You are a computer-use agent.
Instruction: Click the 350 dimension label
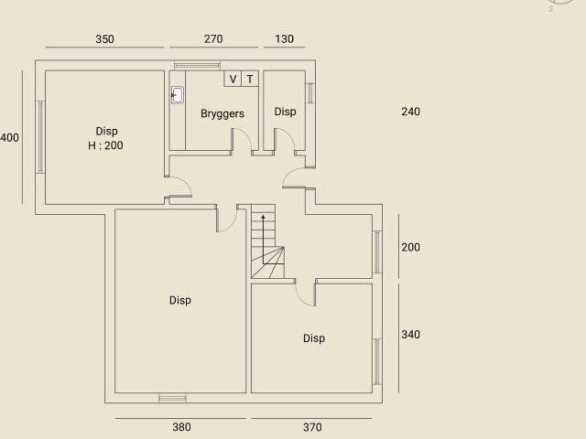point(104,38)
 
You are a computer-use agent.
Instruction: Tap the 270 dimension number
point(213,38)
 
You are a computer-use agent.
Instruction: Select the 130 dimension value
point(285,38)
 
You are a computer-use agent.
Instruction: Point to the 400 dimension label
point(9,138)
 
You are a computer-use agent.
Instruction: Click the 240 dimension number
point(411,112)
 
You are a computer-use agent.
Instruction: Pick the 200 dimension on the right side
point(411,247)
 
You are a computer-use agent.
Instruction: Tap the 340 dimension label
point(411,335)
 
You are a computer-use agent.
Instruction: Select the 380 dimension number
point(181,427)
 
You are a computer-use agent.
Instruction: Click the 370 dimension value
point(312,427)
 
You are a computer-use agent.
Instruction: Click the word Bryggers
point(222,113)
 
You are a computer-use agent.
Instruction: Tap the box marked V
point(233,79)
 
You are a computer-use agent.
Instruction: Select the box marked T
point(250,79)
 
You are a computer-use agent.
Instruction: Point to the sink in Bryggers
point(177,95)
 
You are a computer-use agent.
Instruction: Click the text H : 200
point(105,145)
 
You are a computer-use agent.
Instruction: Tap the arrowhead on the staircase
point(263,217)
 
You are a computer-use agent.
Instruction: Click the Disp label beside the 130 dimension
point(285,112)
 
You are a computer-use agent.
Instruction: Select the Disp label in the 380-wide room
point(180,300)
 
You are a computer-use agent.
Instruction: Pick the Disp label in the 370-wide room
point(314,338)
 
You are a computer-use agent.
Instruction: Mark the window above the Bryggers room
point(197,65)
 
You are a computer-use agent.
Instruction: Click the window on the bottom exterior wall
point(172,398)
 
